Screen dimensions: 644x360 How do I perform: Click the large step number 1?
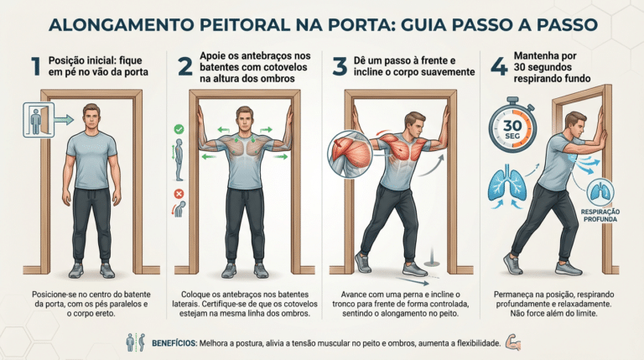pos(36,66)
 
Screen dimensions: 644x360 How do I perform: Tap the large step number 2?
pos(185,66)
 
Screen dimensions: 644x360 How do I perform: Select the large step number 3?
pos(340,66)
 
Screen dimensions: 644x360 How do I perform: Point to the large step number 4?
pos(500,66)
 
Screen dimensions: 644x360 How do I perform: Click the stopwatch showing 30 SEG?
pos(512,126)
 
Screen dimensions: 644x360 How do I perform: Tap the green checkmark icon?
pos(179,129)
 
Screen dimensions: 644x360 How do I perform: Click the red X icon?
pos(179,194)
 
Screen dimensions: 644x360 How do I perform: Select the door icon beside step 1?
pos(39,120)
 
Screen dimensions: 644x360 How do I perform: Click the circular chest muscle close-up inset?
pos(350,154)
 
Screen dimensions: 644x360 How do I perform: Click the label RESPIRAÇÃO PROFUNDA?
pos(600,216)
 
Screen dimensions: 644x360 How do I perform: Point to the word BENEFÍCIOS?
pos(174,343)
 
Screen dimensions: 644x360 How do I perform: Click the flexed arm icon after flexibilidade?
pos(513,342)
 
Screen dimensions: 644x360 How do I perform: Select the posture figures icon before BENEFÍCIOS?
pos(136,342)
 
